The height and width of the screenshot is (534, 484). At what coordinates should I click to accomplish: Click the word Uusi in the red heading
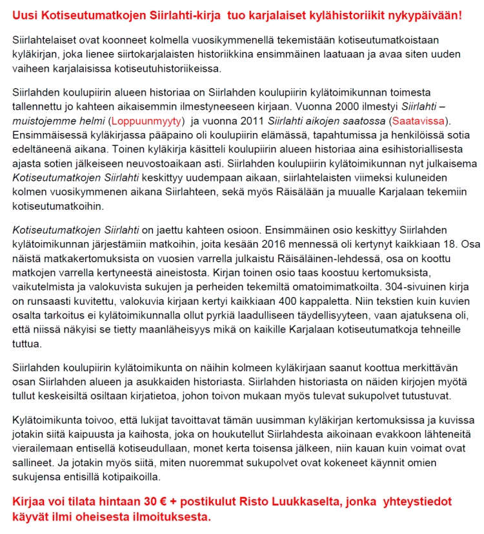pyautogui.click(x=25, y=14)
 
